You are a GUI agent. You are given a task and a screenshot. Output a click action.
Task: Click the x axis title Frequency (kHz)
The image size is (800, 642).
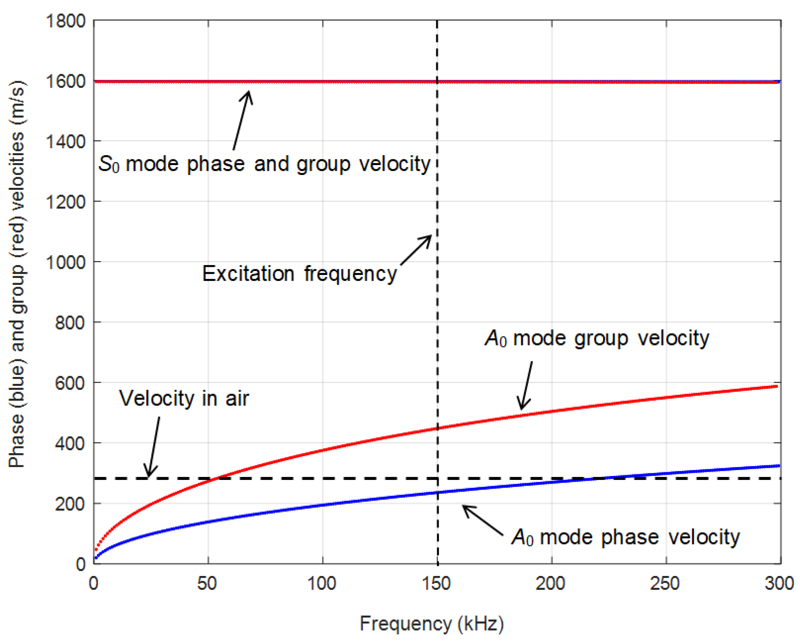(x=432, y=624)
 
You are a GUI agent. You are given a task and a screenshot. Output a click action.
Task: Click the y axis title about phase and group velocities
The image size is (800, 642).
(x=17, y=274)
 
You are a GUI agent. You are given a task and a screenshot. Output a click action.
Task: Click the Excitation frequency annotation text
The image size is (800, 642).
(x=299, y=274)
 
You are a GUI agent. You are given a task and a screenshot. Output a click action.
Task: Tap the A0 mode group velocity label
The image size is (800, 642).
(x=597, y=338)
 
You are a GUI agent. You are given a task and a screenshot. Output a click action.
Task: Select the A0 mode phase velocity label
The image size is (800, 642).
(x=625, y=537)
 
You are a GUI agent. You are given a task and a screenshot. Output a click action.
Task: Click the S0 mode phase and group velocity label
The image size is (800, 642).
(x=264, y=164)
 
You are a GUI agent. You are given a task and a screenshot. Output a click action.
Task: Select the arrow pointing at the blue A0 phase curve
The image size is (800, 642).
(x=482, y=520)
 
